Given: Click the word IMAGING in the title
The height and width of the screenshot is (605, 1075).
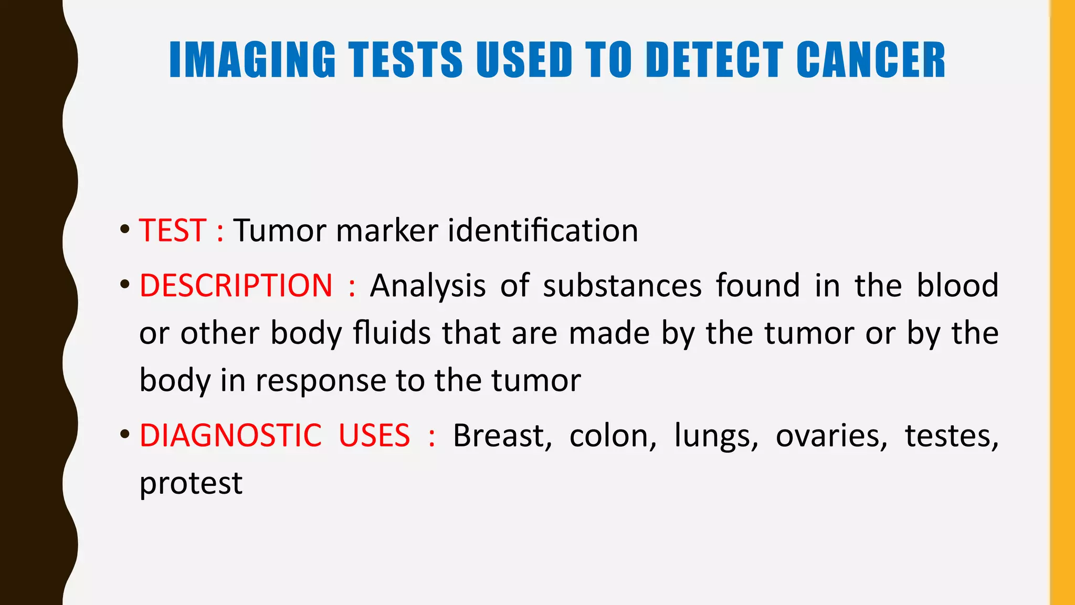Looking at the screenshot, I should coord(252,60).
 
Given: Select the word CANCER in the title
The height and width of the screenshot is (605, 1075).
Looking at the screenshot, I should coord(871,60).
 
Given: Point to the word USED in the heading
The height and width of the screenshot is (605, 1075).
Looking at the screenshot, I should coord(524,60).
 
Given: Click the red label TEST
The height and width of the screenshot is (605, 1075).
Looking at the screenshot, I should coord(172,231).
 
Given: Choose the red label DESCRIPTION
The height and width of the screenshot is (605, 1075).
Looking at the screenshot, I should coord(236,286).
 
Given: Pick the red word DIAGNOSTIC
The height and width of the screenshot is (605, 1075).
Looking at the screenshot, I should coord(230,435).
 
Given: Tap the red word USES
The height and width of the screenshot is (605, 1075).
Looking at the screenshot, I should coord(374,435).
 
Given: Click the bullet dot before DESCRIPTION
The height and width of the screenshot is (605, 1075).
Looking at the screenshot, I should coord(124,285).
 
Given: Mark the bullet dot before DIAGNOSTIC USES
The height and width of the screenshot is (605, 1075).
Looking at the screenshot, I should coord(124,435).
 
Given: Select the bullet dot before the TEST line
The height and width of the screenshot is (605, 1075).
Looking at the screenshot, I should coord(124,230).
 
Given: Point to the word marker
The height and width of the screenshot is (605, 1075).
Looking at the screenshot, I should coord(387,231).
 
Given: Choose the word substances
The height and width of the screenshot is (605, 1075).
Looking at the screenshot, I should coord(622,286).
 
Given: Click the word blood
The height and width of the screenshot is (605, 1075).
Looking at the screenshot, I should coord(957,286).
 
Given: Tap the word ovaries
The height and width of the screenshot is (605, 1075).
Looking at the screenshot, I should coord(831,436).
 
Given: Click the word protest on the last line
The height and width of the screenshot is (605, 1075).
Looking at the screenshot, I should coord(191,483).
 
